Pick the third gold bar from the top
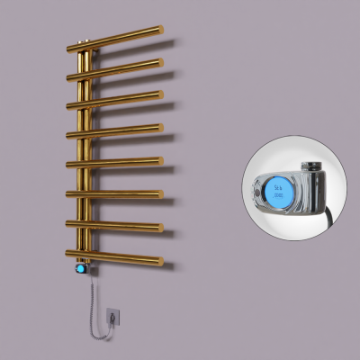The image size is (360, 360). (117, 99)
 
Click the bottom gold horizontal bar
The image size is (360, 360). (117, 258)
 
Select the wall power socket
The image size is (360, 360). (112, 316)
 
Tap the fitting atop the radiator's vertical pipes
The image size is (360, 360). (84, 40)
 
